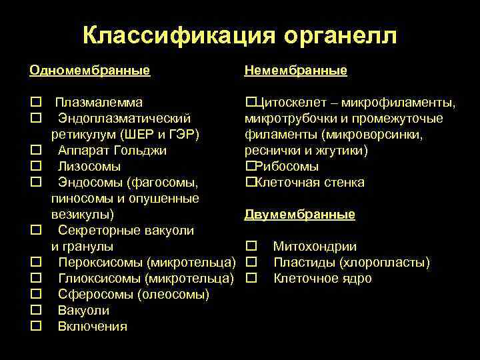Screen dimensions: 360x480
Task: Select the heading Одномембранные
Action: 89,71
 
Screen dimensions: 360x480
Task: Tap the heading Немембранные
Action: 295,71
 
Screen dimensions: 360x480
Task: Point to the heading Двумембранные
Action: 299,215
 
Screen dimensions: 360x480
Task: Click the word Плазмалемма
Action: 98,103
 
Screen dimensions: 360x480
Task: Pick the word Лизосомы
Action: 89,167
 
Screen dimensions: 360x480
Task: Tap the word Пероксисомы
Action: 100,263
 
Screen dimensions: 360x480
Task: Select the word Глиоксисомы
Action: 100,279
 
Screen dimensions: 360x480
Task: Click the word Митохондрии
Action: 315,247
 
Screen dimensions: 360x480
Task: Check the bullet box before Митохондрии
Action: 251,247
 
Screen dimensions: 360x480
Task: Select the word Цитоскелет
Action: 291,103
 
